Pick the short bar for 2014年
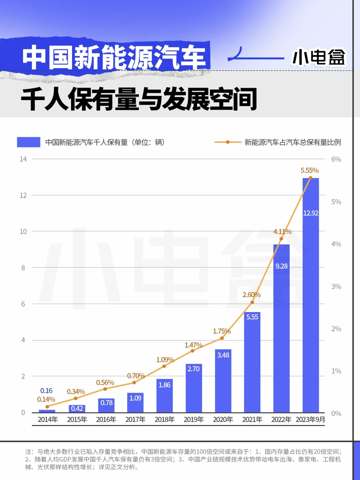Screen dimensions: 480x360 [47, 411]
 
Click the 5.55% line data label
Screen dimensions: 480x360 [310, 170]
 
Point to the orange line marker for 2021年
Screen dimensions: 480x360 [252, 302]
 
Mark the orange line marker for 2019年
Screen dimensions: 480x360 [192, 351]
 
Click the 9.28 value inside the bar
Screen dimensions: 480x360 [281, 266]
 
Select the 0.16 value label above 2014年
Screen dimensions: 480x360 [46, 391]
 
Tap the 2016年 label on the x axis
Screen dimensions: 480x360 [106, 419]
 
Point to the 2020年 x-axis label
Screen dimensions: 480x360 [223, 419]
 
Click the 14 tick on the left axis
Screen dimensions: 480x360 [23, 159]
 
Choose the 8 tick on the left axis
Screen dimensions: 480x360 [23, 268]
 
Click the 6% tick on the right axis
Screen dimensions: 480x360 [336, 159]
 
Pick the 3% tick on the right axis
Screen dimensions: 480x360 [336, 287]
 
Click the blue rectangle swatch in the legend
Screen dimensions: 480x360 [29, 142]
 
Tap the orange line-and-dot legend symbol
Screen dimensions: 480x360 [228, 142]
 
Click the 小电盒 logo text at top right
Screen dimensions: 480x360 [318, 57]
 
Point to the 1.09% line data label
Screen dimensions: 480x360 [165, 360]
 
